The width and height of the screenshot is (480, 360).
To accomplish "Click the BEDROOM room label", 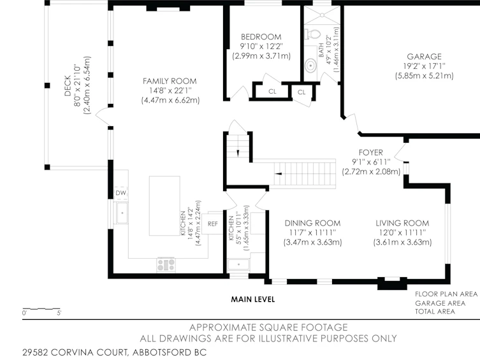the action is click(x=261, y=37).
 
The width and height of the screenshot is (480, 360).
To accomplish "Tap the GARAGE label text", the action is click(x=424, y=57).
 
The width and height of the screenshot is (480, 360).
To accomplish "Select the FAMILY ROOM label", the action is click(x=170, y=81).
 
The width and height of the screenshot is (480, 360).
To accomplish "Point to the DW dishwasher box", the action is click(x=120, y=192).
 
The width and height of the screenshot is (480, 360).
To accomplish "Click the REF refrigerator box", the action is click(x=212, y=224).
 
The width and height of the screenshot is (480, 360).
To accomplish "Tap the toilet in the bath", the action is click(x=312, y=34).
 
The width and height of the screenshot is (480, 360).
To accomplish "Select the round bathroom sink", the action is click(x=310, y=66).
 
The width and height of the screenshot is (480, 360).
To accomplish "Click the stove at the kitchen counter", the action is click(x=166, y=264).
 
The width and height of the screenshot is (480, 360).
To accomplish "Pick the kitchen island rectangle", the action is click(x=164, y=206).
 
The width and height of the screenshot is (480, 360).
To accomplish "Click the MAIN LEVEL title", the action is click(x=253, y=299).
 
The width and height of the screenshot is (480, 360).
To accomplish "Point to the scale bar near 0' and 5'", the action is click(x=41, y=309).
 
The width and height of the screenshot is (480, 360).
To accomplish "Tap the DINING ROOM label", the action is click(x=312, y=223).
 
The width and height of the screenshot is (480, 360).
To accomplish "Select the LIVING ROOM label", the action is click(x=402, y=223).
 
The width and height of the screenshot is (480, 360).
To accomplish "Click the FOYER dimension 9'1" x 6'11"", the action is click(x=371, y=162).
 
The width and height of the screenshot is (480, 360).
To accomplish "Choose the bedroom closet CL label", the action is click(x=272, y=92).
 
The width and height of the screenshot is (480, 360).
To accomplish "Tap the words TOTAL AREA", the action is click(x=435, y=312).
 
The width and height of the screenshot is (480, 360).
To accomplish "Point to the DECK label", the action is click(x=68, y=85).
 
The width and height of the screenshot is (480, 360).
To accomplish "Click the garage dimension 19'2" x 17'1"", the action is click(x=424, y=66).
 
